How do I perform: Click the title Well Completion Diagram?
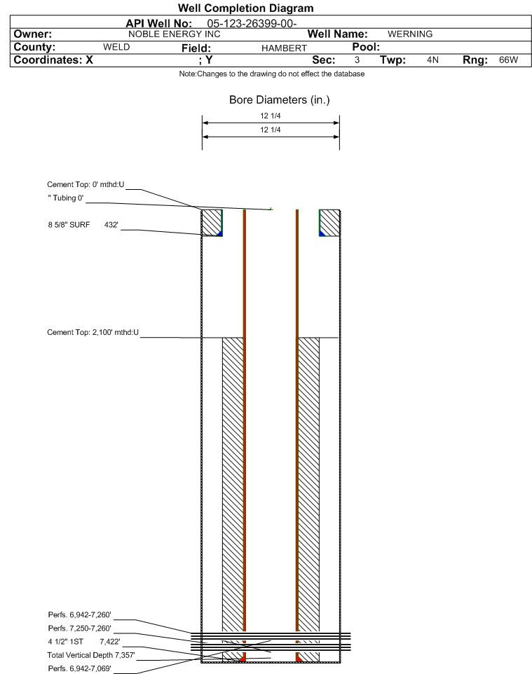[245, 8]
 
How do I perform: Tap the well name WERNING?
[410, 34]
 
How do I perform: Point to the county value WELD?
[116, 47]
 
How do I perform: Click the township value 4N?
[432, 60]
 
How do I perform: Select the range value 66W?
[508, 60]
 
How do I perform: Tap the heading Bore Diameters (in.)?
[279, 100]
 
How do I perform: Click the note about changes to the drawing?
[272, 74]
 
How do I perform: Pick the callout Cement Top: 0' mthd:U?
[86, 184]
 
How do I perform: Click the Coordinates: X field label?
[49, 60]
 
